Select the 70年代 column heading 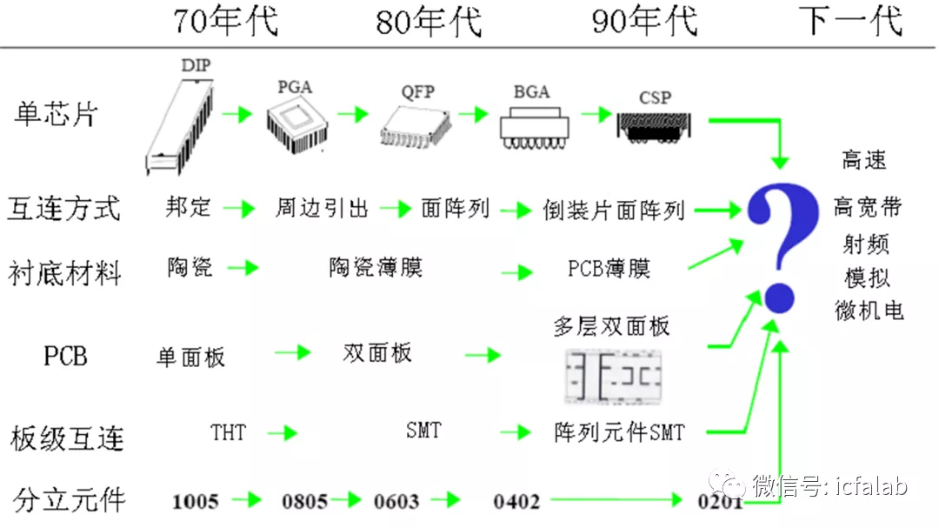pyautogui.click(x=226, y=21)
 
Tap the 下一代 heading pyautogui.click(x=851, y=21)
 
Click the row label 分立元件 pyautogui.click(x=70, y=499)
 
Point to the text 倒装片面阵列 pyautogui.click(x=614, y=210)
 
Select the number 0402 pyautogui.click(x=516, y=501)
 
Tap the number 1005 pyautogui.click(x=196, y=501)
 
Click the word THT pyautogui.click(x=228, y=431)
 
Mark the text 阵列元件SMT pyautogui.click(x=619, y=431)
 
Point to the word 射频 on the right pyautogui.click(x=867, y=244)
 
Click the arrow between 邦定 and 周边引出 pyautogui.click(x=237, y=209)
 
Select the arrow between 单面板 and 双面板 pyautogui.click(x=292, y=352)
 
